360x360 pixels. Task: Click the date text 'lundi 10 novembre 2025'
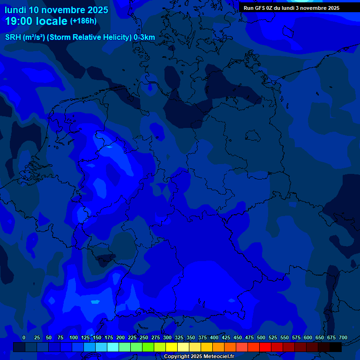pos(56,10)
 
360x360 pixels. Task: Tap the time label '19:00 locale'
pos(36,21)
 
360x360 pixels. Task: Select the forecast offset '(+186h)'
pos(83,21)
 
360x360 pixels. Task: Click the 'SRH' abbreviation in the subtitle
pos(13,37)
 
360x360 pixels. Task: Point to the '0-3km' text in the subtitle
pos(144,37)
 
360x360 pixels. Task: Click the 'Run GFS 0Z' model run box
pos(292,8)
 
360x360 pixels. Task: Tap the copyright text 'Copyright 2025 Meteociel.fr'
pos(199,356)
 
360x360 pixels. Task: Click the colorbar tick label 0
pos(24,337)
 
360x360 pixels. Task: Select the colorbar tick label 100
pos(74,337)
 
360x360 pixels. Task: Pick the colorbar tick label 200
pos(120,337)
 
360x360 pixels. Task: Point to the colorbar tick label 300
pos(167,337)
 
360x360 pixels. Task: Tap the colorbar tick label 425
pos(226,337)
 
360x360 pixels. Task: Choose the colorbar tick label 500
pos(261,337)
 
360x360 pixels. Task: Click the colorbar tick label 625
pos(320,337)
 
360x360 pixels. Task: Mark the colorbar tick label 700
pos(343,337)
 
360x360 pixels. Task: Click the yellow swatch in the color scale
pos(172,347)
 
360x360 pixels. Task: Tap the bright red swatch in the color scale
pos(265,347)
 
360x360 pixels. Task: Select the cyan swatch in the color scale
pos(113,347)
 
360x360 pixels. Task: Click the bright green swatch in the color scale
pos(148,347)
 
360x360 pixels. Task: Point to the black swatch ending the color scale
pos(336,347)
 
